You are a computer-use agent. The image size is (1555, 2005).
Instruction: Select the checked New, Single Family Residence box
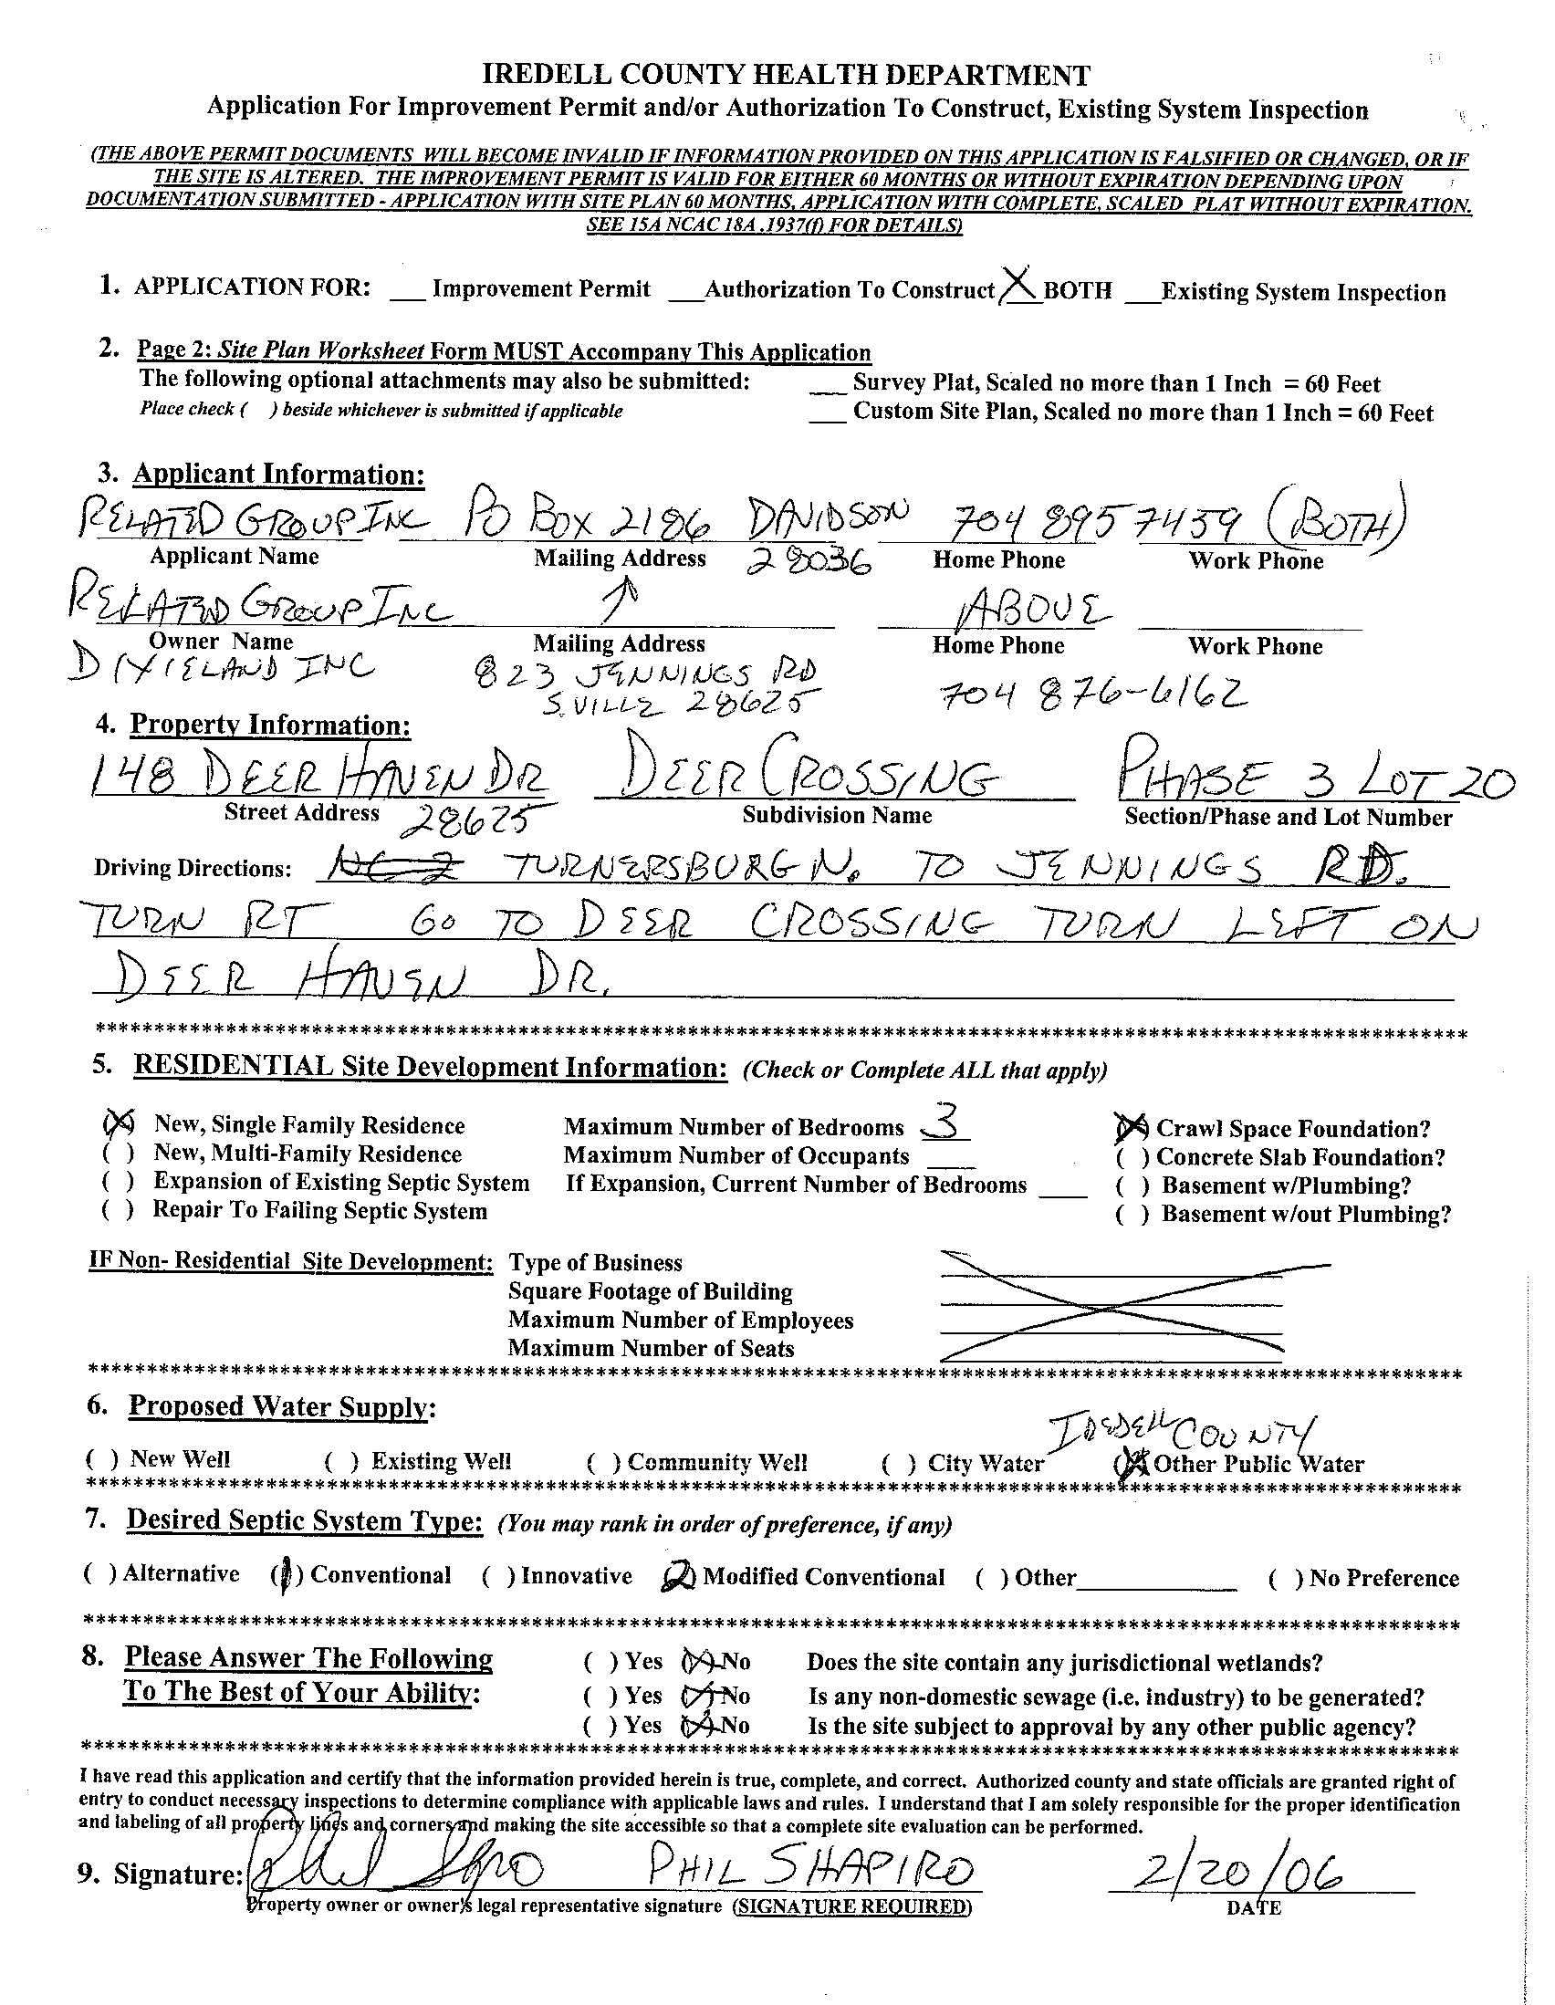(x=120, y=1123)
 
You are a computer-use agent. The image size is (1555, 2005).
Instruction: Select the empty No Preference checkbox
(x=1285, y=1578)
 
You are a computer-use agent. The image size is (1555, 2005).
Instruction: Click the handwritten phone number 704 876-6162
(x=1093, y=695)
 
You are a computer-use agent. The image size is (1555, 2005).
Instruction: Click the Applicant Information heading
(x=278, y=475)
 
